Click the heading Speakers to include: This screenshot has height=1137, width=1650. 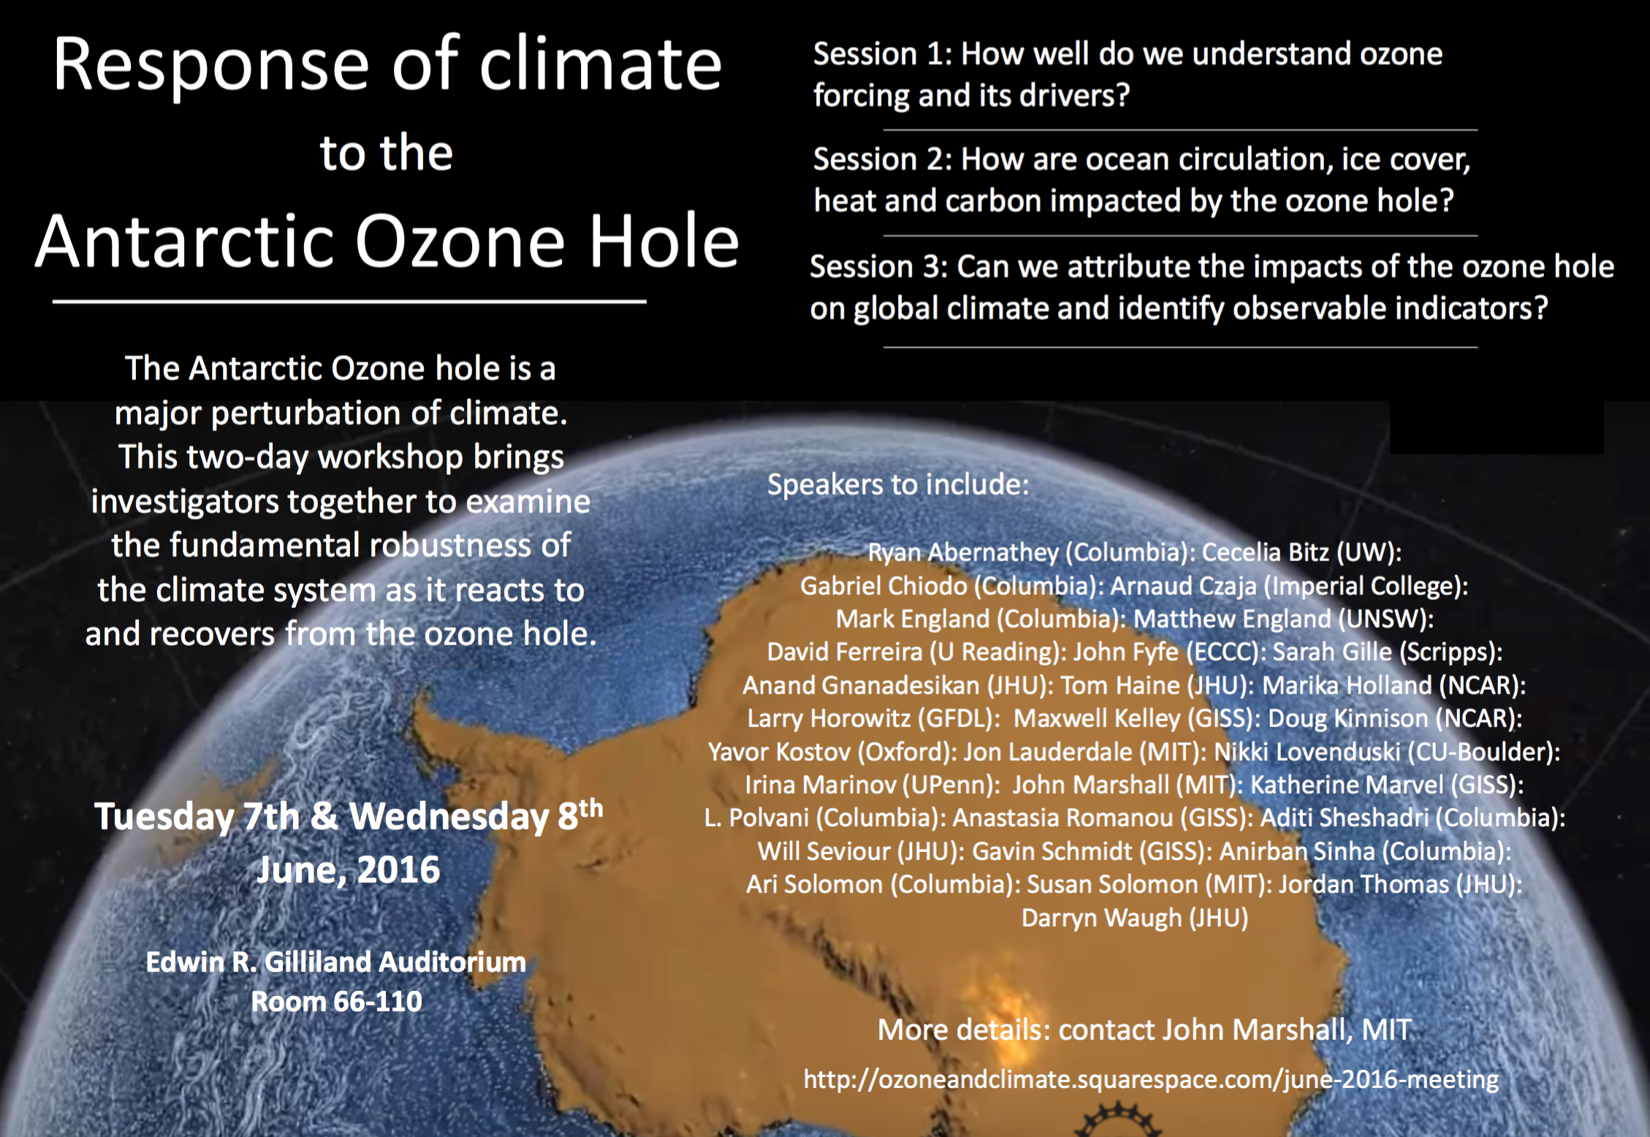pos(898,485)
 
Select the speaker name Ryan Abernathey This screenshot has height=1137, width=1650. pos(963,553)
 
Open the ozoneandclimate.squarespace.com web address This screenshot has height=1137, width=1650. pos(1151,1080)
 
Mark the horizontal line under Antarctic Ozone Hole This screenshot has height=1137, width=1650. pos(349,301)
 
